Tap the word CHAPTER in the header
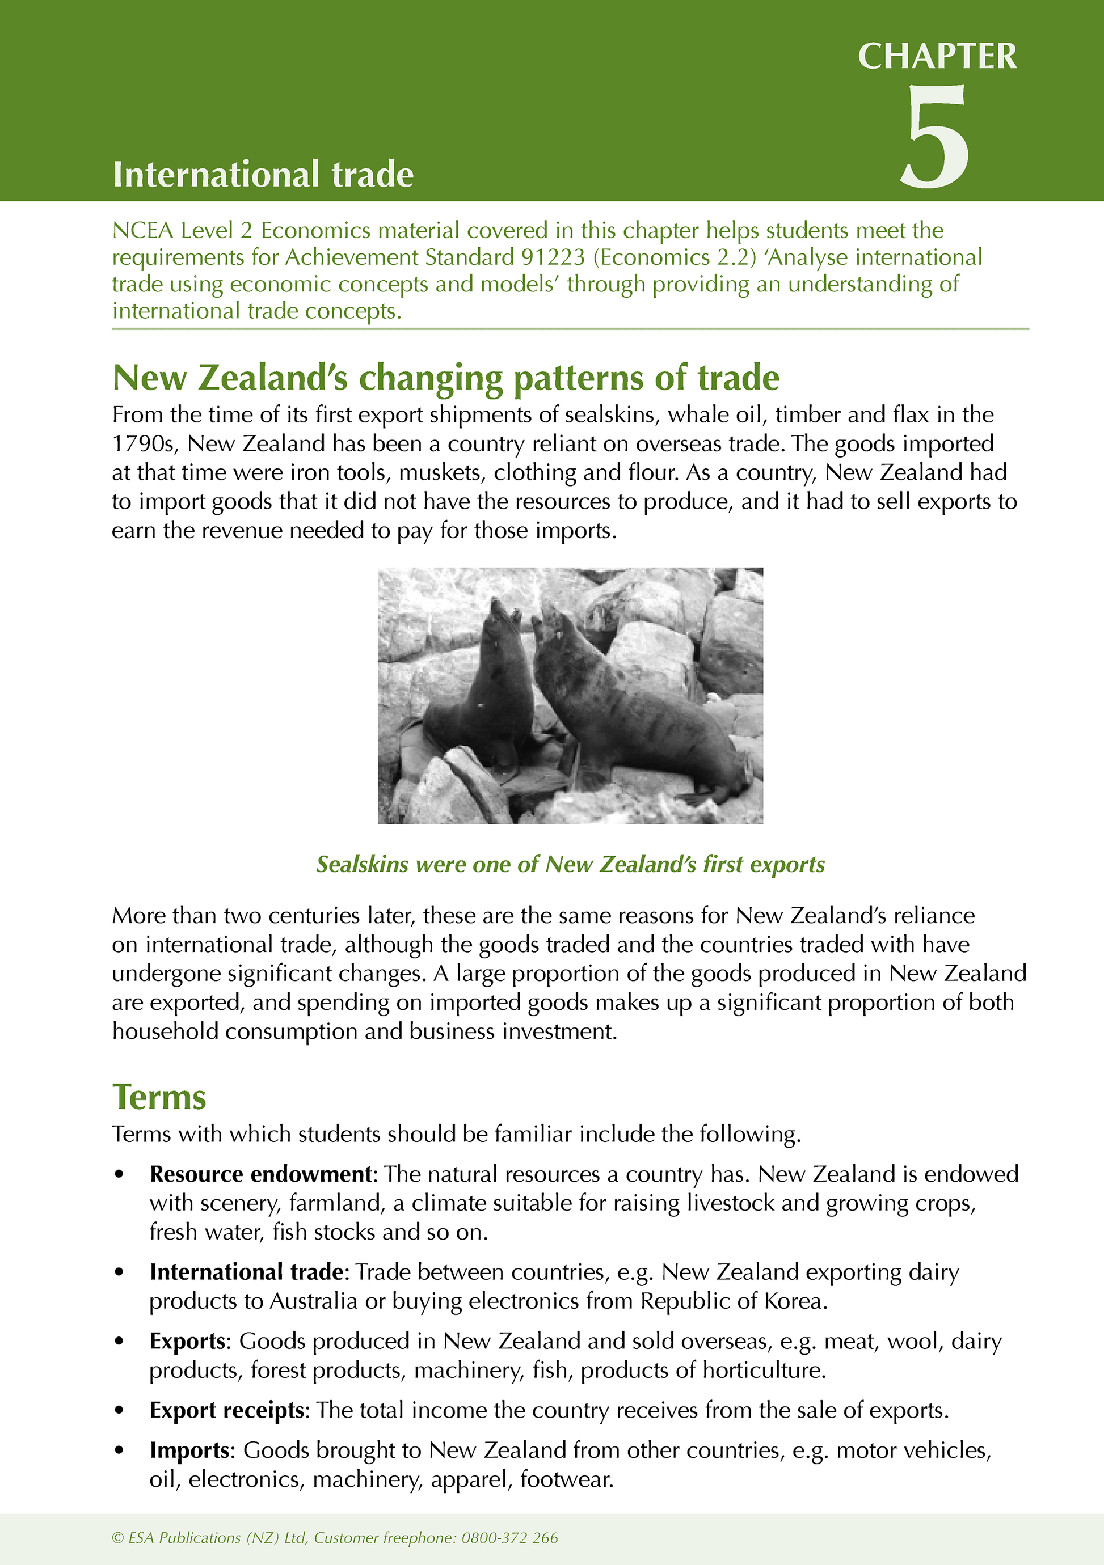(937, 57)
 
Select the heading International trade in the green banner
(263, 175)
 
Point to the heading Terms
(159, 1097)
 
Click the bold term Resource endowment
(260, 1174)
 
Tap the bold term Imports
(189, 1450)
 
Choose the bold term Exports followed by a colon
(188, 1341)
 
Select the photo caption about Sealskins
(570, 864)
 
